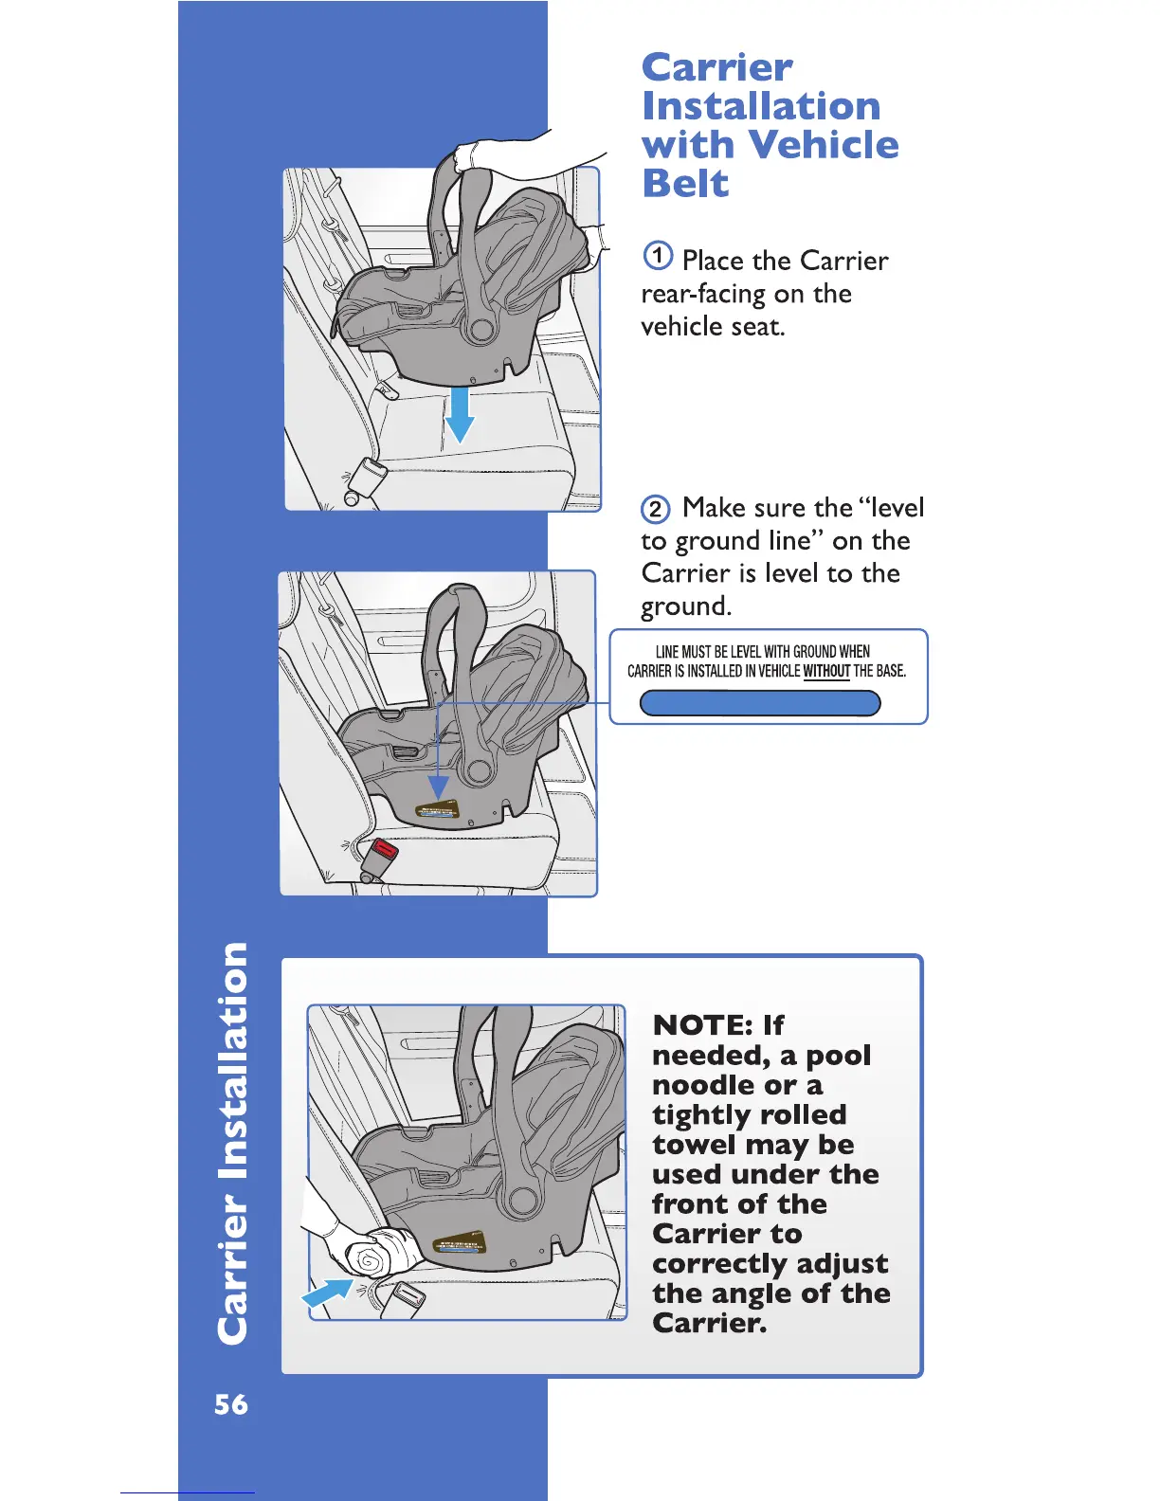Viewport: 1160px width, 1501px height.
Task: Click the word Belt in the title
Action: [685, 184]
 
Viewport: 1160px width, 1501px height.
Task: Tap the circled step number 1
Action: [658, 256]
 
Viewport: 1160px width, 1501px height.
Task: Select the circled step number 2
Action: [656, 510]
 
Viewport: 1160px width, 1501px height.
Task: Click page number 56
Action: [231, 1404]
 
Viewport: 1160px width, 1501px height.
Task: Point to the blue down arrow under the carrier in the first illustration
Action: [460, 415]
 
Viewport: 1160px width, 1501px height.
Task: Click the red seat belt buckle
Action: [385, 851]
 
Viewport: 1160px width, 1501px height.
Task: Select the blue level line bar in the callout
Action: [760, 703]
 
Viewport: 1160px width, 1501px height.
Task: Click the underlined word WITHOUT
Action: [826, 671]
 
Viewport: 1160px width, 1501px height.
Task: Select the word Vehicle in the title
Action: [823, 145]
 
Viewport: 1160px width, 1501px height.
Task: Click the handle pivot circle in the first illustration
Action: [480, 329]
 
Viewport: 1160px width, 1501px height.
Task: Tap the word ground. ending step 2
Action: [686, 606]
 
